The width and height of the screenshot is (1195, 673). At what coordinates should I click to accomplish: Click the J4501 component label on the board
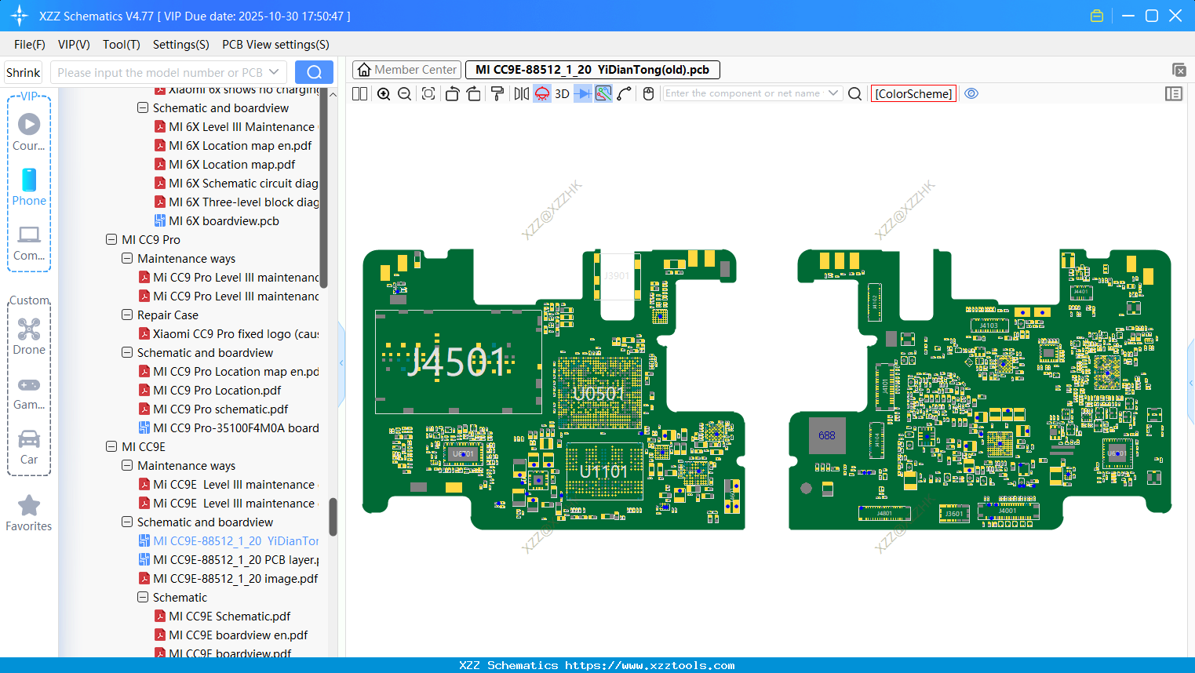click(x=457, y=362)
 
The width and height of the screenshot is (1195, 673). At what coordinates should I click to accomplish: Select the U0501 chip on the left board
click(x=599, y=393)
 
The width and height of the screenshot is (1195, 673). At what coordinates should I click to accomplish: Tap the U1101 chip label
click(x=603, y=471)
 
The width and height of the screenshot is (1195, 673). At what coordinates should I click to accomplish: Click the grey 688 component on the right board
click(x=827, y=435)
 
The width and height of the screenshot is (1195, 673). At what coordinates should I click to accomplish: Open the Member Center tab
click(x=407, y=70)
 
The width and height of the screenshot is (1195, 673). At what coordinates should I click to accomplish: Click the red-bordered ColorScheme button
click(x=913, y=93)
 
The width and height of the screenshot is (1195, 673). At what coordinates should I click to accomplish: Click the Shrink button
click(x=24, y=73)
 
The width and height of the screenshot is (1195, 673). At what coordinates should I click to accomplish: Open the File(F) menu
click(x=30, y=45)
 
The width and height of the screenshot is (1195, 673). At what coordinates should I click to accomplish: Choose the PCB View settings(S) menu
click(x=275, y=45)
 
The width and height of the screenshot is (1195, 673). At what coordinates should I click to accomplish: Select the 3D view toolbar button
click(x=562, y=93)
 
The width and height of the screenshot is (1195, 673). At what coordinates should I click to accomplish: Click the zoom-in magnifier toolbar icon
click(x=384, y=93)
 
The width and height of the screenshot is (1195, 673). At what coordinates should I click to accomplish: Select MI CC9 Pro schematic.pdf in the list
click(x=220, y=409)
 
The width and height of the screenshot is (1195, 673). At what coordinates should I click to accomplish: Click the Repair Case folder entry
click(x=167, y=315)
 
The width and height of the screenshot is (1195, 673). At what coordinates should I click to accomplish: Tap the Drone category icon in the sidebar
click(x=29, y=336)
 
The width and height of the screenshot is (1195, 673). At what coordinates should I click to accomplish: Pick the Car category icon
click(x=29, y=446)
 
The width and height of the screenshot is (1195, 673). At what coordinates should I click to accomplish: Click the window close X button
click(x=1175, y=16)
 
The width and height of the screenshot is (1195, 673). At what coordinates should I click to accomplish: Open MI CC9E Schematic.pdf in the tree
click(x=229, y=617)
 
